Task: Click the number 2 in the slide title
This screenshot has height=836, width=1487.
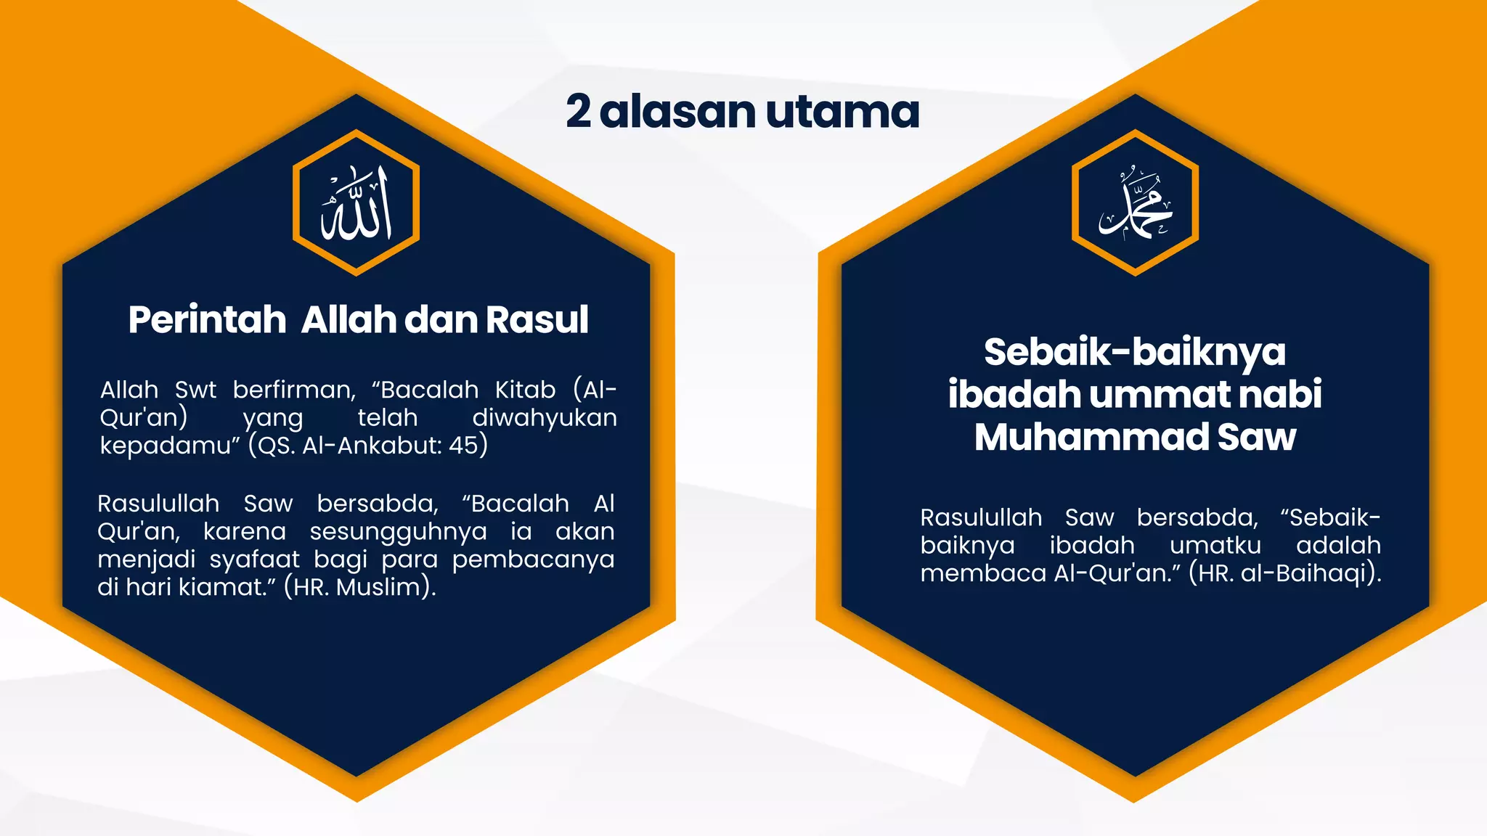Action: [x=578, y=112]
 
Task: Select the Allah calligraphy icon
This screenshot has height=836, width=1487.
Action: [x=357, y=203]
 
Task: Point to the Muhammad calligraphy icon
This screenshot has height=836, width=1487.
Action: [x=1135, y=204]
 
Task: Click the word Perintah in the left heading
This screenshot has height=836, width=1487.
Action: [x=208, y=320]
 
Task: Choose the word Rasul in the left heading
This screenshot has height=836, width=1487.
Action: [x=537, y=320]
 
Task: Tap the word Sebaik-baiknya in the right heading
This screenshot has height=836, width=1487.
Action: [x=1134, y=352]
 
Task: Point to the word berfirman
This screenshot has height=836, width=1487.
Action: [x=294, y=390]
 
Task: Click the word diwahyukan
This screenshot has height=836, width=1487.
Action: [x=544, y=418]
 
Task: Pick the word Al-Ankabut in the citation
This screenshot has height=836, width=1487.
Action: [x=369, y=445]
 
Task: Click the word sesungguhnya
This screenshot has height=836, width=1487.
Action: [x=398, y=532]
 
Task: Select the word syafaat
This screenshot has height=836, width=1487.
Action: [x=254, y=560]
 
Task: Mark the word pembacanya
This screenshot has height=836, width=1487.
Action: [x=533, y=560]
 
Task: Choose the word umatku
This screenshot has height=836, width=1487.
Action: [x=1215, y=546]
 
